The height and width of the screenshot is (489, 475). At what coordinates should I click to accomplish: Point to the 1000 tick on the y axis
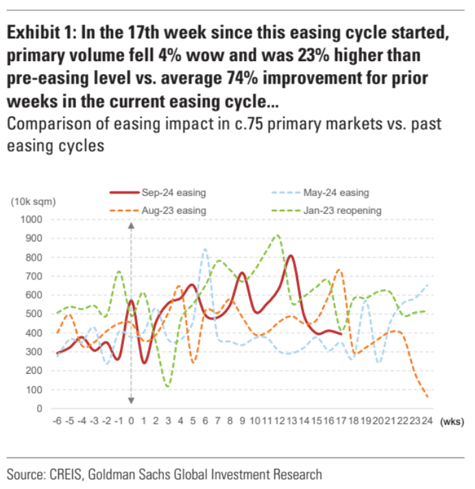tap(31, 219)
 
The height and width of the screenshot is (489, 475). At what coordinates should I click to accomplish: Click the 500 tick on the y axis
tap(34, 314)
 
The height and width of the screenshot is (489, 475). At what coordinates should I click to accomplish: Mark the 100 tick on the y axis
tap(34, 390)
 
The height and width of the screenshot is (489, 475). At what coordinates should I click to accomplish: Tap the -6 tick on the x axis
tap(58, 419)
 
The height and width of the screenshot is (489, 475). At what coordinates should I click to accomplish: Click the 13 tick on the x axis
tap(291, 419)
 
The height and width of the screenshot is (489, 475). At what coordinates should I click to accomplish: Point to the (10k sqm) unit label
tap(32, 202)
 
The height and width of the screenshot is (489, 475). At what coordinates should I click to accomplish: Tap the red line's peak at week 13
tap(291, 256)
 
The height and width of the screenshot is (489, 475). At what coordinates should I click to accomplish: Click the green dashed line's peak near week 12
tap(277, 235)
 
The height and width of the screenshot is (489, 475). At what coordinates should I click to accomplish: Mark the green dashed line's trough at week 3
tap(167, 387)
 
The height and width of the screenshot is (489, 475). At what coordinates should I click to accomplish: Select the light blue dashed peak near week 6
tap(204, 249)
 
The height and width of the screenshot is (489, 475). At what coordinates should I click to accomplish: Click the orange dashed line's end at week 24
tap(427, 396)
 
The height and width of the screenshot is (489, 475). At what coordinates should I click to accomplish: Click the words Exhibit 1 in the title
tap(42, 34)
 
